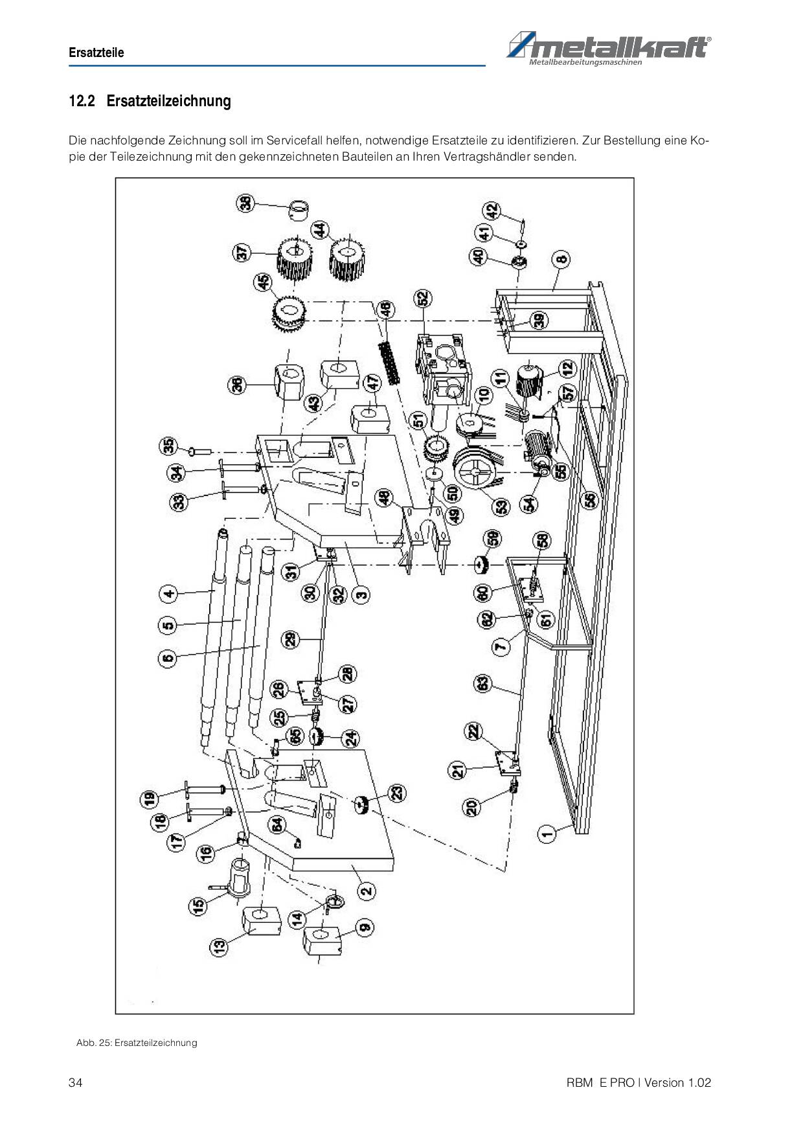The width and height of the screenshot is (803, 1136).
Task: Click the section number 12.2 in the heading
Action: pos(82,101)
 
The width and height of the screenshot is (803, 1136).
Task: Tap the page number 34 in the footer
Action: pos(75,1083)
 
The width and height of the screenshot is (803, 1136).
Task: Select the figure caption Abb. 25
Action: pos(137,1043)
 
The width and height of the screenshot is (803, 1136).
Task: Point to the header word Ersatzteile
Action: pos(96,52)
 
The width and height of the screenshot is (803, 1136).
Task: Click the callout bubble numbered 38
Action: pos(246,203)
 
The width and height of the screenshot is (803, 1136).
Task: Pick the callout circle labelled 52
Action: pos(423,299)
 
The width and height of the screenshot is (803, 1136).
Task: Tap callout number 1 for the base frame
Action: pos(548,833)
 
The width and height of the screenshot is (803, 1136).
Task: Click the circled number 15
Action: pos(198,904)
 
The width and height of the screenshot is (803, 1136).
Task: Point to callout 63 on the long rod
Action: pos(483,684)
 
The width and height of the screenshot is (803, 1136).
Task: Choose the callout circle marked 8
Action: pos(561,259)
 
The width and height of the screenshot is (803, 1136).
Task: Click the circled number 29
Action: pos(291,639)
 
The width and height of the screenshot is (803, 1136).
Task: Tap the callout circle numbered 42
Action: pos(493,211)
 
